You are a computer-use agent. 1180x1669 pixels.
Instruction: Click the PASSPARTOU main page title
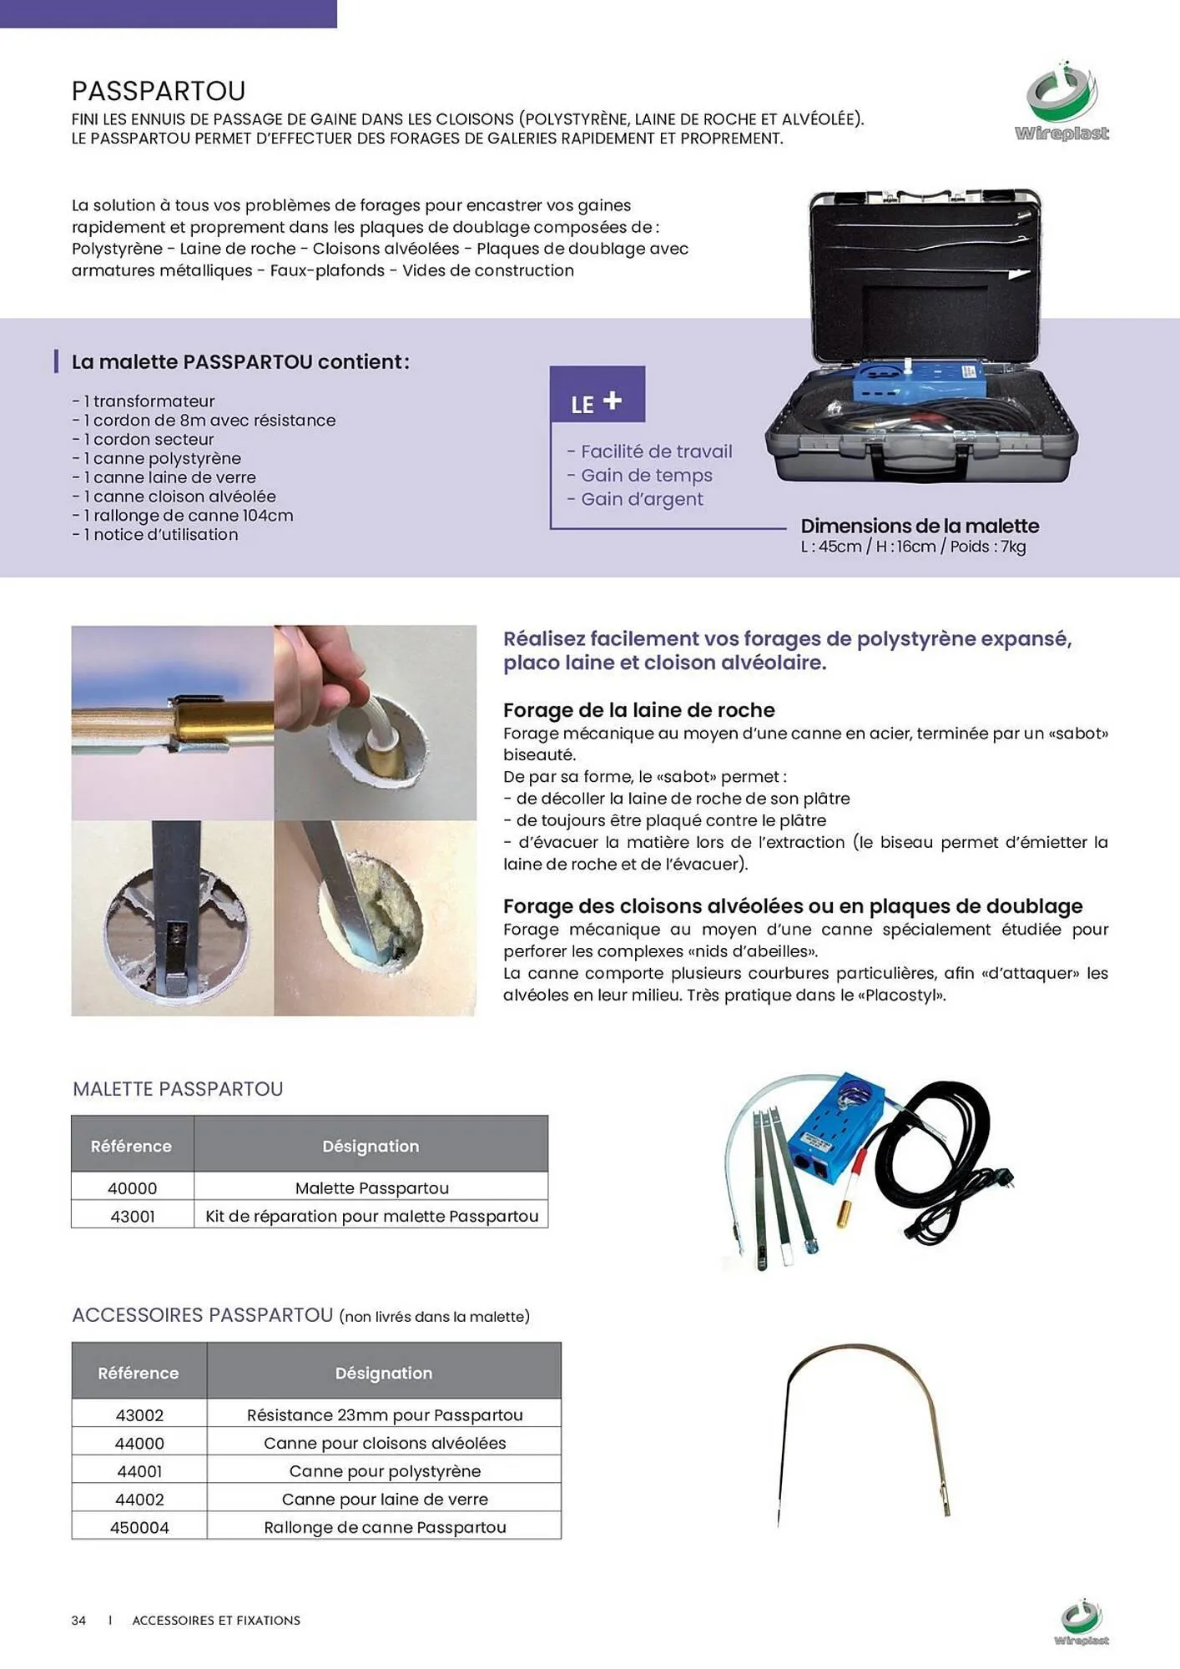coord(159,90)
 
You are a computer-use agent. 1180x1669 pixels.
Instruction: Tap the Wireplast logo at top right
coord(1061,101)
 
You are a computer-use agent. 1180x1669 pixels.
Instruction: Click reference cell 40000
coord(132,1187)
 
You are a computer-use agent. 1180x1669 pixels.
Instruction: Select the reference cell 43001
coord(132,1216)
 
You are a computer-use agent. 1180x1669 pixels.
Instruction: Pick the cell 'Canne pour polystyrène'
coord(384,1471)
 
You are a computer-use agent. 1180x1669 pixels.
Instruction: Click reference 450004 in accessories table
coord(139,1527)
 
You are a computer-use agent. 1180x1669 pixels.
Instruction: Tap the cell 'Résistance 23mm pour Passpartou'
coord(384,1414)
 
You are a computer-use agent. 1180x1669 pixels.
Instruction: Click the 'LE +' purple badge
coord(597,395)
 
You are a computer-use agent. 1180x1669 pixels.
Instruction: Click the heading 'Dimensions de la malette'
coord(920,526)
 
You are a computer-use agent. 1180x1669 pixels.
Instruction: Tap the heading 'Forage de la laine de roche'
coord(638,710)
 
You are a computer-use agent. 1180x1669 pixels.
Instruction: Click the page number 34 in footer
coord(78,1620)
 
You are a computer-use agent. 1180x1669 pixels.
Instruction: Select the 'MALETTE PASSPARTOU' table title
coord(178,1089)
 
